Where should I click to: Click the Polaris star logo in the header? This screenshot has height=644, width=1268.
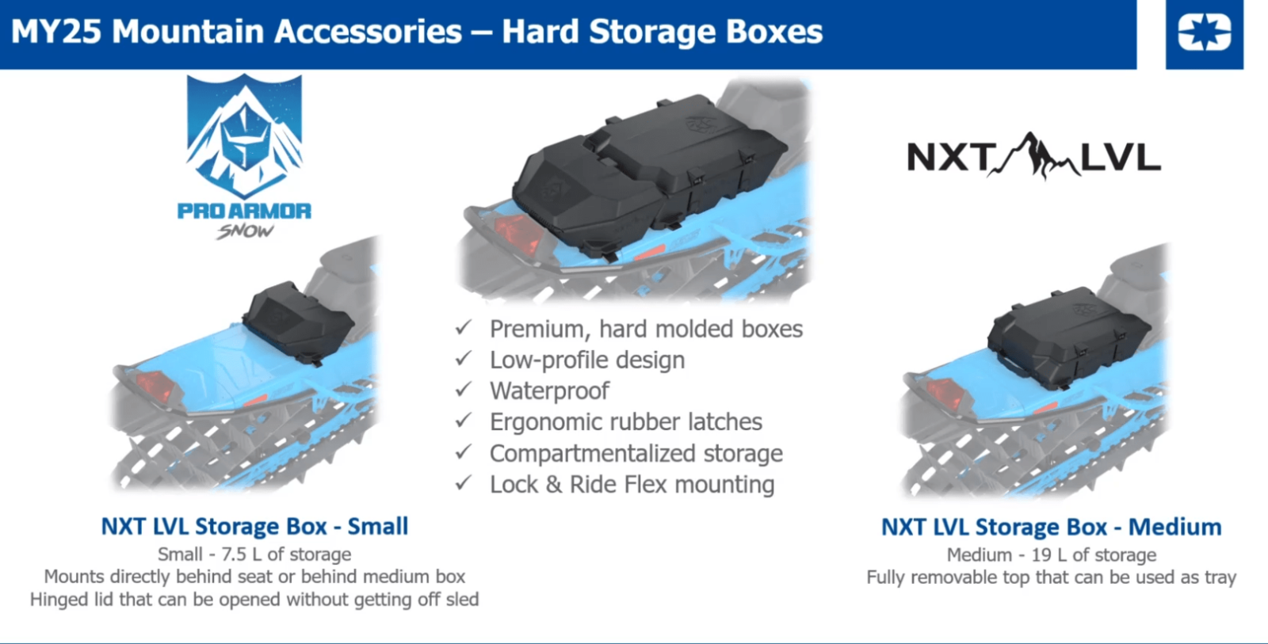1204,32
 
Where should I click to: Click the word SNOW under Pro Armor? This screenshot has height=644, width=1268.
245,231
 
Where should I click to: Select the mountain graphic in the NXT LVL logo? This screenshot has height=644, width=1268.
1033,155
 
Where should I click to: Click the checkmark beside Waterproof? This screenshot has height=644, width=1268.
464,390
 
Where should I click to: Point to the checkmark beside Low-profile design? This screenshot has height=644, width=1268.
464,358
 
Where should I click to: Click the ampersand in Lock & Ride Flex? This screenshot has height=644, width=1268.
554,485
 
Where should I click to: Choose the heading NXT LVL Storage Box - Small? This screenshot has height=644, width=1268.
254,526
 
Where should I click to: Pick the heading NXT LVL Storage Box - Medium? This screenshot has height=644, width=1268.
1051,527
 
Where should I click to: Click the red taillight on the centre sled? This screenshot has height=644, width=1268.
519,234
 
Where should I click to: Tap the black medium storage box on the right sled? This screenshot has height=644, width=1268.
1068,338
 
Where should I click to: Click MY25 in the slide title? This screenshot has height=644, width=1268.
56,32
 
